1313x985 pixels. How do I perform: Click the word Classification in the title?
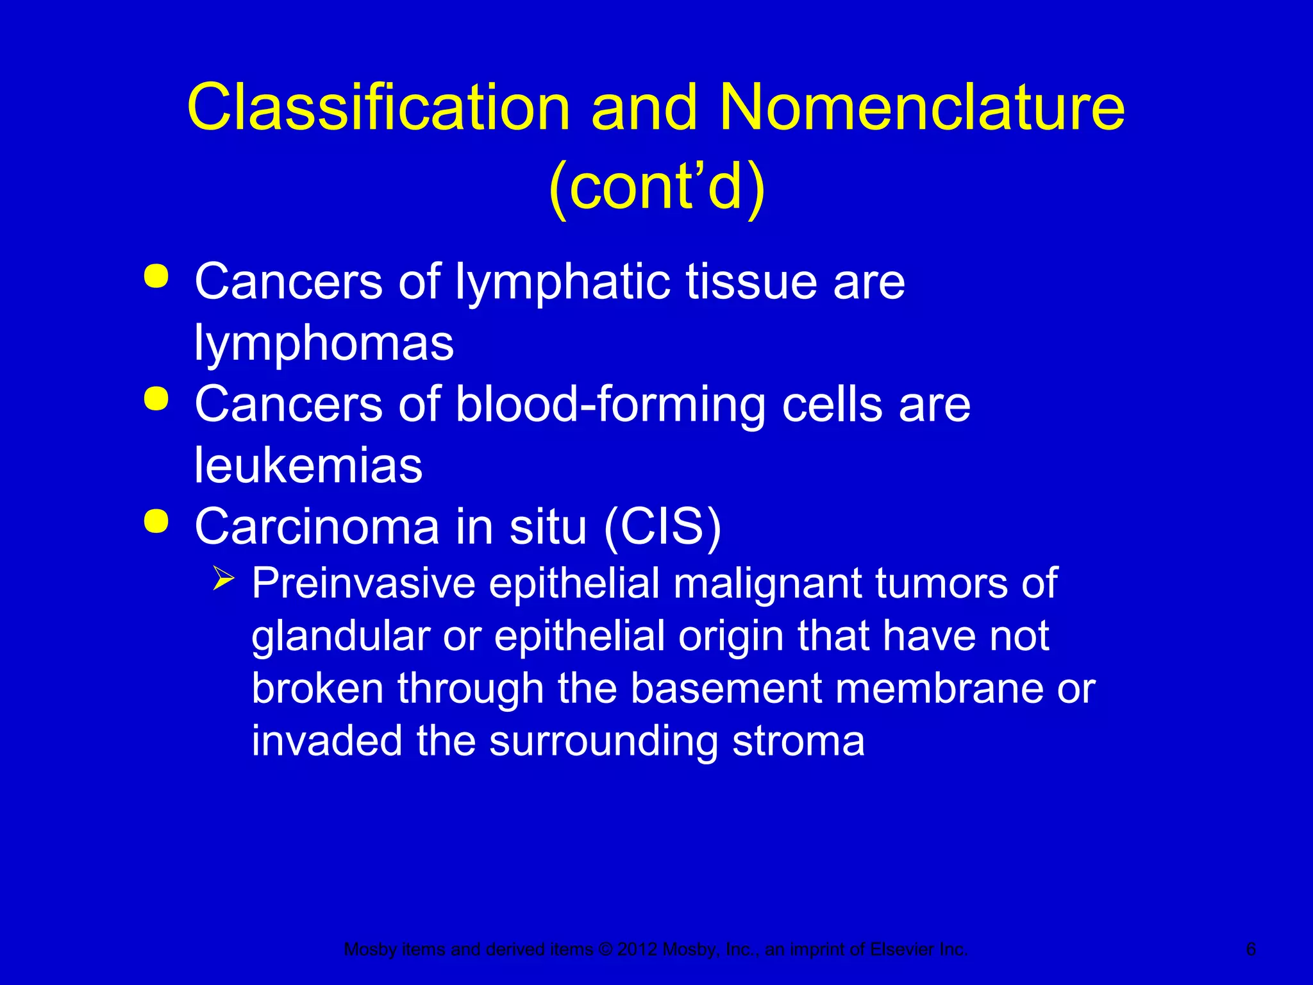378,107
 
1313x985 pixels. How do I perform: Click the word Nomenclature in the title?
922,107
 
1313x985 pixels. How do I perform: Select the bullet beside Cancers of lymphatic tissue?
156,278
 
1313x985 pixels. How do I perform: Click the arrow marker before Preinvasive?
224,579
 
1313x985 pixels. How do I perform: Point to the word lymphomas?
324,342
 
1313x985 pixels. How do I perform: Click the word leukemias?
308,465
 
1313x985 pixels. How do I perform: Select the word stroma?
798,741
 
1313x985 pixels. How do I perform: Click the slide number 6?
1251,949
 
